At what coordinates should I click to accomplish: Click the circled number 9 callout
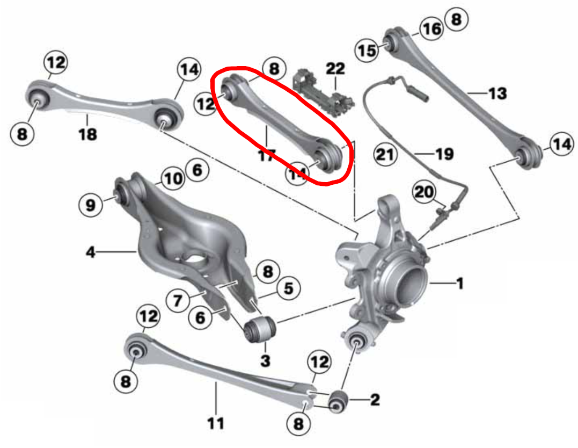(x=90, y=205)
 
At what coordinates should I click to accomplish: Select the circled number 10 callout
(x=172, y=178)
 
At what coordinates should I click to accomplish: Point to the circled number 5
(x=288, y=288)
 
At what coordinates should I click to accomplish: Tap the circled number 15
(x=368, y=50)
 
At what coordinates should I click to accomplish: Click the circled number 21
(x=386, y=155)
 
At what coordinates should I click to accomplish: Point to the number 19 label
(x=444, y=155)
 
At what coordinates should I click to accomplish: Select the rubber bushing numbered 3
(x=260, y=328)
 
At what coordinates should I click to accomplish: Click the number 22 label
(x=335, y=68)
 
